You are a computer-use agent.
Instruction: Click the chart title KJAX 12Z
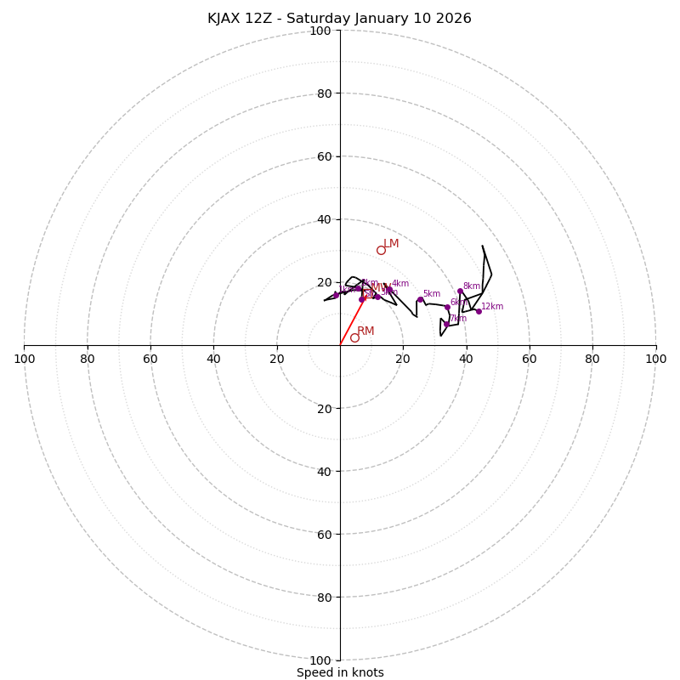[x=339, y=19]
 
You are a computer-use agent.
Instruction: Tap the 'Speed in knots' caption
[x=340, y=672]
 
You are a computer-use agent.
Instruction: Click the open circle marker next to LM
[x=381, y=250]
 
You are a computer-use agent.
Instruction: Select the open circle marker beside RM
[x=354, y=337]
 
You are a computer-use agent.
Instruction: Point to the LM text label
[x=391, y=244]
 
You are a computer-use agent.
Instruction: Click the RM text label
[x=365, y=331]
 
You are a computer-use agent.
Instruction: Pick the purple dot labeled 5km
[x=420, y=299]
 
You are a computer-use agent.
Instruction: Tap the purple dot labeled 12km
[x=479, y=311]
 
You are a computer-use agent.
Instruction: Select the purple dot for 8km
[x=460, y=291]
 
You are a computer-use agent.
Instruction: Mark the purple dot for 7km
[x=446, y=324]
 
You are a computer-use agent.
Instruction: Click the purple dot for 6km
[x=447, y=307]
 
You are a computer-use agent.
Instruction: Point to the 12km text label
[x=492, y=307]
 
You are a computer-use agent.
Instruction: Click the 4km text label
[x=400, y=284]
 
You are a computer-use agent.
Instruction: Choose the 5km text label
[x=432, y=294]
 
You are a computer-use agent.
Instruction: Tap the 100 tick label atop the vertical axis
[x=320, y=31]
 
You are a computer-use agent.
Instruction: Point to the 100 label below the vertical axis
[x=320, y=660]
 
